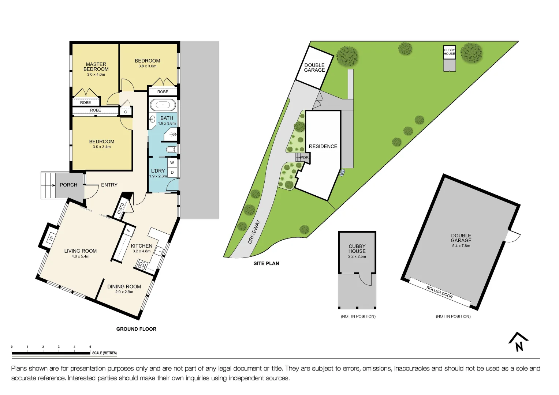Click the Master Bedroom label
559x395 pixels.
coord(96,67)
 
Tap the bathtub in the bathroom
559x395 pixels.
coord(163,105)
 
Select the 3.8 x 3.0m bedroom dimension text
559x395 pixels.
coord(148,66)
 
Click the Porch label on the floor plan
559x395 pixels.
coord(68,185)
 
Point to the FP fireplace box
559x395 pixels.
coord(51,238)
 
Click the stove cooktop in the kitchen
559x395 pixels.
coord(142,265)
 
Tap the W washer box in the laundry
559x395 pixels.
coord(172,163)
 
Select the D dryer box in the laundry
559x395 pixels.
coord(172,173)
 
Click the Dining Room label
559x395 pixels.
coord(124,287)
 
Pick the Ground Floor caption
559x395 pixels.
coord(136,329)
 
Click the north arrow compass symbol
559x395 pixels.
coord(518,342)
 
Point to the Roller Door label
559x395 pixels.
coord(440,292)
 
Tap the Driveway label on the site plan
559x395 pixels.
coord(254,232)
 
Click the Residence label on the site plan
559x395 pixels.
coord(323,146)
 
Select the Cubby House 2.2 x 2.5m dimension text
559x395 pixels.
coord(357,257)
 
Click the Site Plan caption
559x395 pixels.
coord(266,263)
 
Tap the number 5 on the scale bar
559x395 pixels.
coord(90,347)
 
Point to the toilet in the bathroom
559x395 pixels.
coord(172,149)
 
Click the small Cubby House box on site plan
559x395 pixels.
coord(449,52)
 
